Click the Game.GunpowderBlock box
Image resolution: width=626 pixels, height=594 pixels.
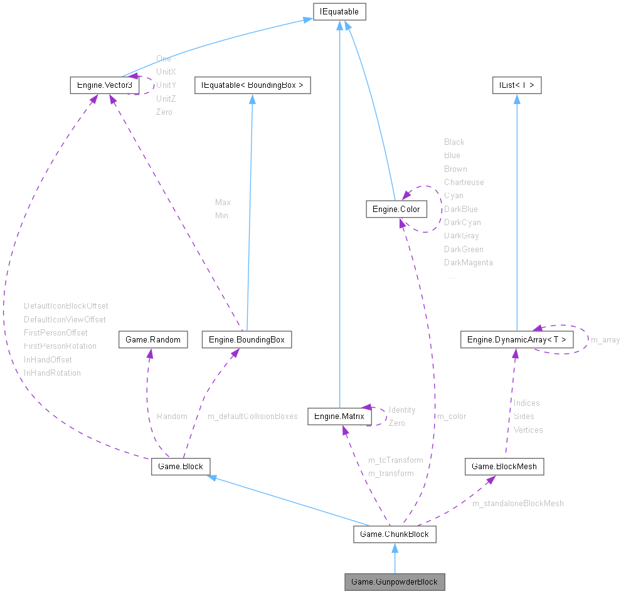(x=395, y=581)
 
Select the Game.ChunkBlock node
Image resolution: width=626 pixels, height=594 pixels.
(x=395, y=534)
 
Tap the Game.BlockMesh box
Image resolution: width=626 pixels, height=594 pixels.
(x=504, y=466)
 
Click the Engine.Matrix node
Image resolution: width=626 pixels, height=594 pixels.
(x=336, y=416)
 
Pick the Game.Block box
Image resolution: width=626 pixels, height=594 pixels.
(x=180, y=466)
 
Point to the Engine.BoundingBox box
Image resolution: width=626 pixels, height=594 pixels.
(x=247, y=340)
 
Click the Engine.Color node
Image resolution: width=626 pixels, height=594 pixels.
(x=396, y=209)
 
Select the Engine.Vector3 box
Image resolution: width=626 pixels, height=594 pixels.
(x=104, y=84)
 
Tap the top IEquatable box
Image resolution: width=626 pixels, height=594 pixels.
(x=339, y=11)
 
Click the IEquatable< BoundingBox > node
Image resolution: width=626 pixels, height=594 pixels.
(x=252, y=84)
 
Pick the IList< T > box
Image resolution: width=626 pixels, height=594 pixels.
(x=516, y=84)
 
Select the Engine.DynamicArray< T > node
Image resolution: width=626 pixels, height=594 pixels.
(x=516, y=340)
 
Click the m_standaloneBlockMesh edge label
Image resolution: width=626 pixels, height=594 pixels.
(x=517, y=503)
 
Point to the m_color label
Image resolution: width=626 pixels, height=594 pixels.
(x=452, y=416)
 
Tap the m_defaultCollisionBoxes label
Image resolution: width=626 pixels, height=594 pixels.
(x=252, y=416)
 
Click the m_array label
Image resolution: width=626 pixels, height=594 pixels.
(x=605, y=340)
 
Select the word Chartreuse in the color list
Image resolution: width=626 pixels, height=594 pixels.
(x=464, y=182)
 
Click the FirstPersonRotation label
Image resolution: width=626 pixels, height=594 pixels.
(x=60, y=346)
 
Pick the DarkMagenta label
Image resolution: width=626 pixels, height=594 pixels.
(x=468, y=262)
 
